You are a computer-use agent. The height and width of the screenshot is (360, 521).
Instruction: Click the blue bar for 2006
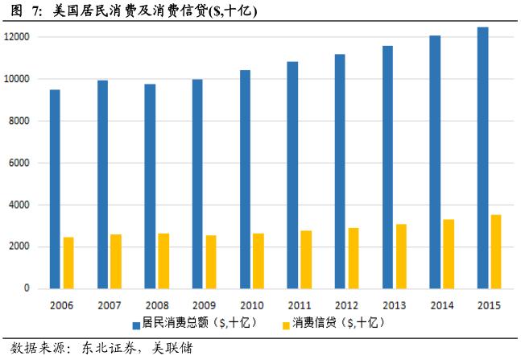coord(55,188)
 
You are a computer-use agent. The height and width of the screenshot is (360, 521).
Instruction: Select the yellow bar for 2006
coord(68,263)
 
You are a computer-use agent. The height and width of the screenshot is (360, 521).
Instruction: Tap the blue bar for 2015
coord(482,158)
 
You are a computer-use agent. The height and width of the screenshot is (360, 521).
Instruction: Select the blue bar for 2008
coord(150,186)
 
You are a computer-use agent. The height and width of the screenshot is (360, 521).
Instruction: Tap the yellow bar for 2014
coord(449,254)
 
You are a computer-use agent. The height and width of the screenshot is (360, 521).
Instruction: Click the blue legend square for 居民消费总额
coord(137,323)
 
